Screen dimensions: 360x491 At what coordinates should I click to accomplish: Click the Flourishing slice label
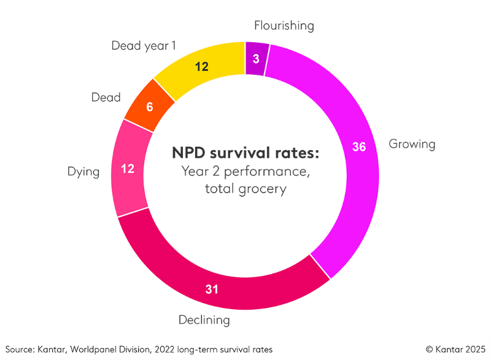pyautogui.click(x=284, y=26)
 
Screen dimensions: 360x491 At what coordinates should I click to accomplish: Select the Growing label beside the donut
pyautogui.click(x=412, y=145)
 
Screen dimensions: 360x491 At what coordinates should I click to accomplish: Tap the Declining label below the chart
pyautogui.click(x=204, y=320)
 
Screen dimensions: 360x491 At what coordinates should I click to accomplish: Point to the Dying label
pyautogui.click(x=83, y=172)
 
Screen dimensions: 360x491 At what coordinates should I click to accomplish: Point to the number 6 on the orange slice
pyautogui.click(x=149, y=106)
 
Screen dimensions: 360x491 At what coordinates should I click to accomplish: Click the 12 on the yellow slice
pyautogui.click(x=201, y=66)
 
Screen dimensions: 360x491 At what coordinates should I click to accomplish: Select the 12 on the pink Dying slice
pyautogui.click(x=128, y=167)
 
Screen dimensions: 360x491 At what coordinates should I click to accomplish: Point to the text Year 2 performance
pyautogui.click(x=245, y=171)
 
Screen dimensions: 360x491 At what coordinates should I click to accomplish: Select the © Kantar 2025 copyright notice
pyautogui.click(x=454, y=349)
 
